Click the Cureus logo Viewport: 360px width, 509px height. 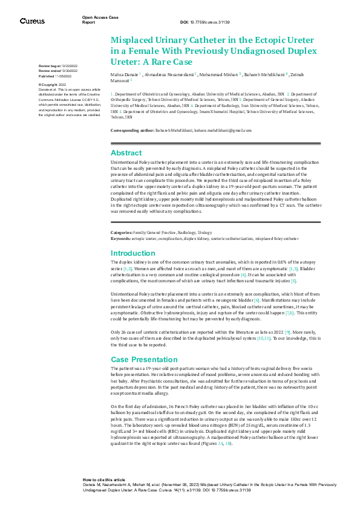pos(32,21)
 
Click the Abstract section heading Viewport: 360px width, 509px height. pos(126,153)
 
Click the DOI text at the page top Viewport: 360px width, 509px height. pos(211,22)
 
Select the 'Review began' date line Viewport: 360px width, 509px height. pos(58,65)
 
